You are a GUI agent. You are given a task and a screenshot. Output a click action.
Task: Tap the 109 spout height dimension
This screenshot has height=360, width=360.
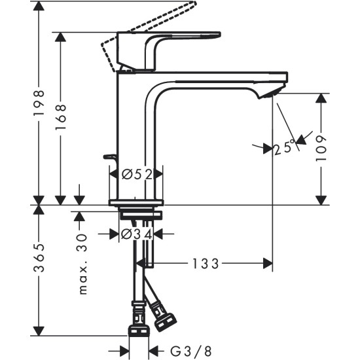pyautogui.click(x=321, y=147)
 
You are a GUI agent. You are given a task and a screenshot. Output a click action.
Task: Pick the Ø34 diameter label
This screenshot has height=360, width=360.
pyautogui.click(x=137, y=234)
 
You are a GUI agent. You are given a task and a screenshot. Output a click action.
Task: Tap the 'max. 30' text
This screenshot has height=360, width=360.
pyautogui.click(x=82, y=264)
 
